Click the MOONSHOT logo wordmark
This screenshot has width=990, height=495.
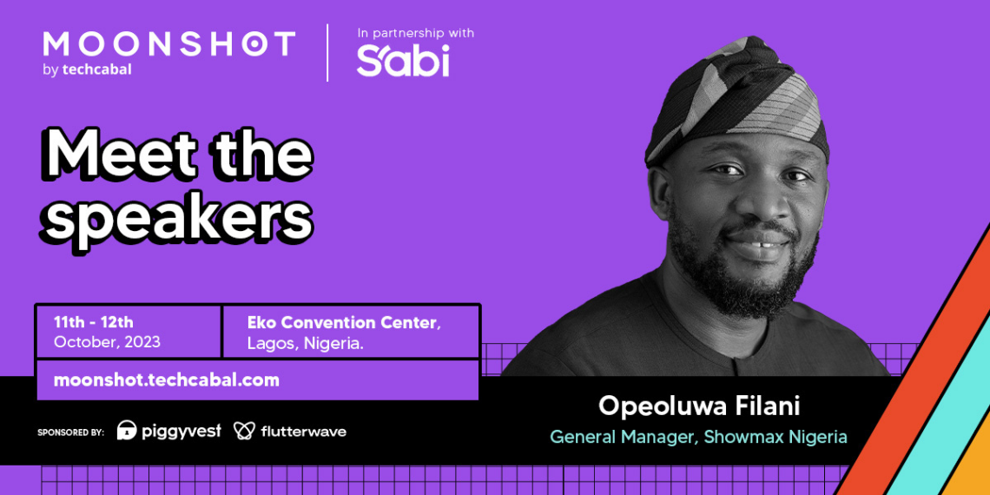169,43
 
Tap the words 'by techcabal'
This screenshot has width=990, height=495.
87,70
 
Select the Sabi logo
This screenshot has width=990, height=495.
403,60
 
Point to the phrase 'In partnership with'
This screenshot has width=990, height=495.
415,32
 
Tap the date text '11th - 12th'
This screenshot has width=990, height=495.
94,322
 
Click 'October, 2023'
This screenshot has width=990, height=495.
107,342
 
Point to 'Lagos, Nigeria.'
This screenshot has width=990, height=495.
304,343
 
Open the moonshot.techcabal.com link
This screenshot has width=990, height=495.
167,380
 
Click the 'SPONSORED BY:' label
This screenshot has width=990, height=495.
70,432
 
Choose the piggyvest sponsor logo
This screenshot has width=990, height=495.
169,432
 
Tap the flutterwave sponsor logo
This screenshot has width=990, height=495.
290,432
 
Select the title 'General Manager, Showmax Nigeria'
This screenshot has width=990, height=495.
698,437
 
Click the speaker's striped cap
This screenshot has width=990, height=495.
737,101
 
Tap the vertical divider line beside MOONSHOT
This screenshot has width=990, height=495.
327,52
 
